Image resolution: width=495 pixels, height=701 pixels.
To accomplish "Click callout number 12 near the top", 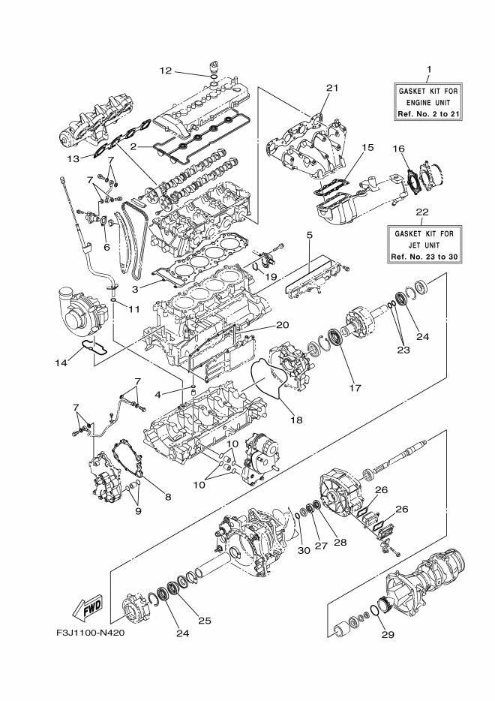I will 166,71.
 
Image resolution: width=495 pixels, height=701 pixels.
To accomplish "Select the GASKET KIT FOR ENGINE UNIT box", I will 428,102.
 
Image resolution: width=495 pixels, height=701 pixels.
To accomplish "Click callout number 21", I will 332,88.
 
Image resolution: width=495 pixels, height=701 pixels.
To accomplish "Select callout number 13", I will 73,158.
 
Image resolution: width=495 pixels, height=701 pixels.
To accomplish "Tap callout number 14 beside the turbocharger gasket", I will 62,363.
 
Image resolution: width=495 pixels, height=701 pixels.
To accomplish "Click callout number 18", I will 296,420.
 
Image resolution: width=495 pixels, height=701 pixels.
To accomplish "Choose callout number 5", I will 309,236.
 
